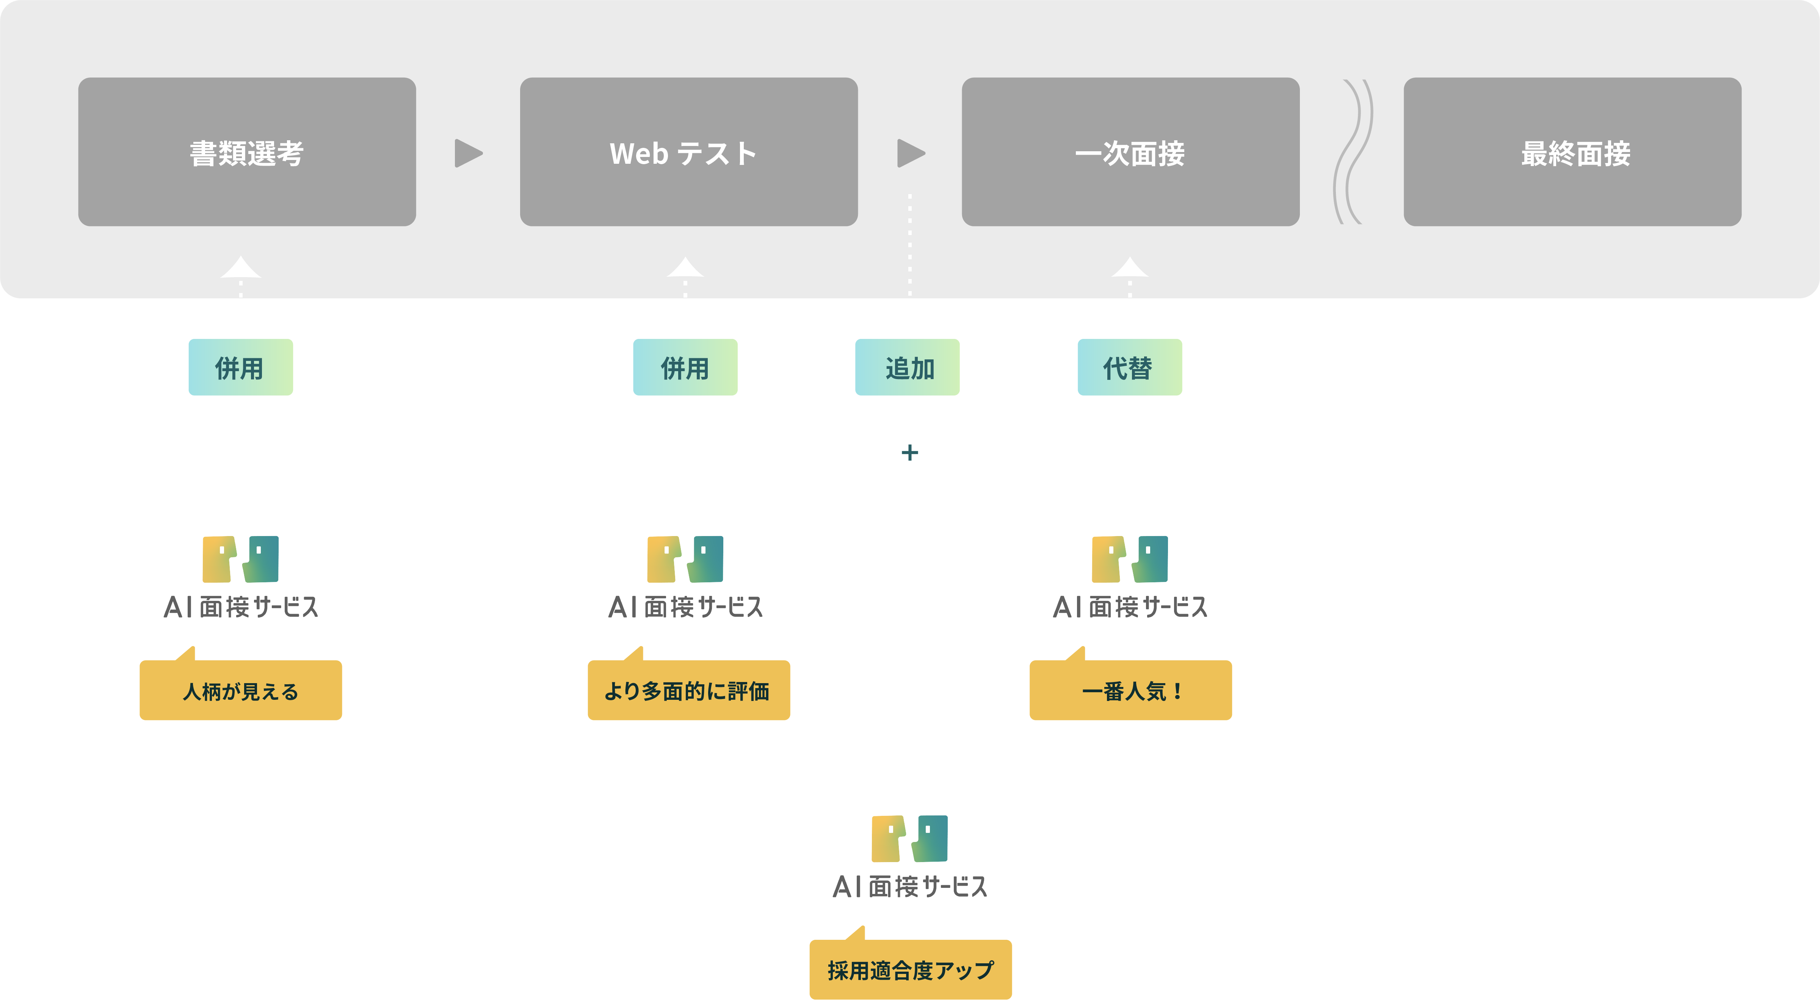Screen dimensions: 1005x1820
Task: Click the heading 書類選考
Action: pyautogui.click(x=246, y=154)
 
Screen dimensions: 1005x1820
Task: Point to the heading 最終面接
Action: pyautogui.click(x=1575, y=154)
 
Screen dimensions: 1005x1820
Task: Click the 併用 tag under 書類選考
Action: pyautogui.click(x=240, y=367)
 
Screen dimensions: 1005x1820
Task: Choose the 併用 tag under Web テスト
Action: pyautogui.click(x=685, y=367)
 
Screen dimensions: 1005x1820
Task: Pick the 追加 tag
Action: pyautogui.click(x=907, y=367)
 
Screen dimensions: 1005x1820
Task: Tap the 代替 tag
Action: pyautogui.click(x=1129, y=367)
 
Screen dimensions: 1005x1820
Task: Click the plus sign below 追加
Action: pyautogui.click(x=910, y=452)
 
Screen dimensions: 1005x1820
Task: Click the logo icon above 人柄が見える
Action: pyautogui.click(x=240, y=559)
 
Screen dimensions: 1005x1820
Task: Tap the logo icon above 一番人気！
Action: pyautogui.click(x=1130, y=559)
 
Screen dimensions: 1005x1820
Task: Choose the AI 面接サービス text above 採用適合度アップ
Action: pyautogui.click(x=910, y=886)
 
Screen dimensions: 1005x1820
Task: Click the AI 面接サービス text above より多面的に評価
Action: pyautogui.click(x=685, y=607)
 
